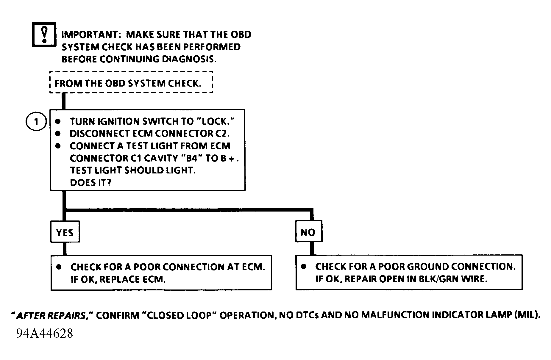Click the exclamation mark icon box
[x=44, y=35]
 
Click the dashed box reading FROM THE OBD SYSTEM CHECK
[x=131, y=82]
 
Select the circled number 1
[x=36, y=122]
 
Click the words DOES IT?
[x=90, y=182]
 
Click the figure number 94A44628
[x=45, y=334]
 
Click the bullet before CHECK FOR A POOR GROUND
[x=303, y=267]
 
